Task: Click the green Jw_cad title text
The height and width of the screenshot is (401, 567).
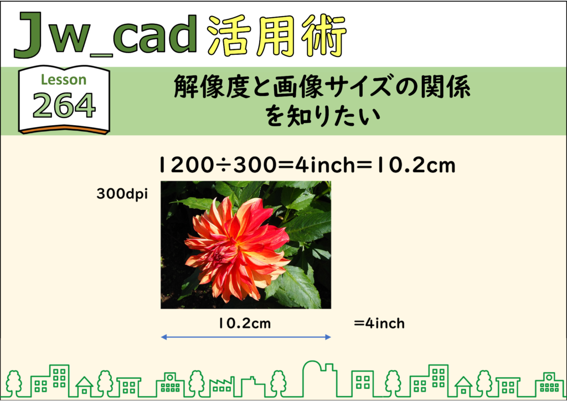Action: pos(105,35)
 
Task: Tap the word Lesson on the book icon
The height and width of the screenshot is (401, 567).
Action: pos(64,80)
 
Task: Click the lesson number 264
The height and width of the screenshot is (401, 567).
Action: pos(64,105)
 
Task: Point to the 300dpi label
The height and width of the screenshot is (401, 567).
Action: pos(122,194)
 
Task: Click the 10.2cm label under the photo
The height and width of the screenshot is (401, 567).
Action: pos(244,323)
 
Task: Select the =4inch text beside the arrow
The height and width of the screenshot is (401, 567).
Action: pos(379,323)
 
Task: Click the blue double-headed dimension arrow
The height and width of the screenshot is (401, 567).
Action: pos(246,337)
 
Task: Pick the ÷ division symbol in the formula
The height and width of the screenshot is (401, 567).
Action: pos(224,165)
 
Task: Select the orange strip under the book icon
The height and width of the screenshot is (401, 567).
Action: pos(64,130)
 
